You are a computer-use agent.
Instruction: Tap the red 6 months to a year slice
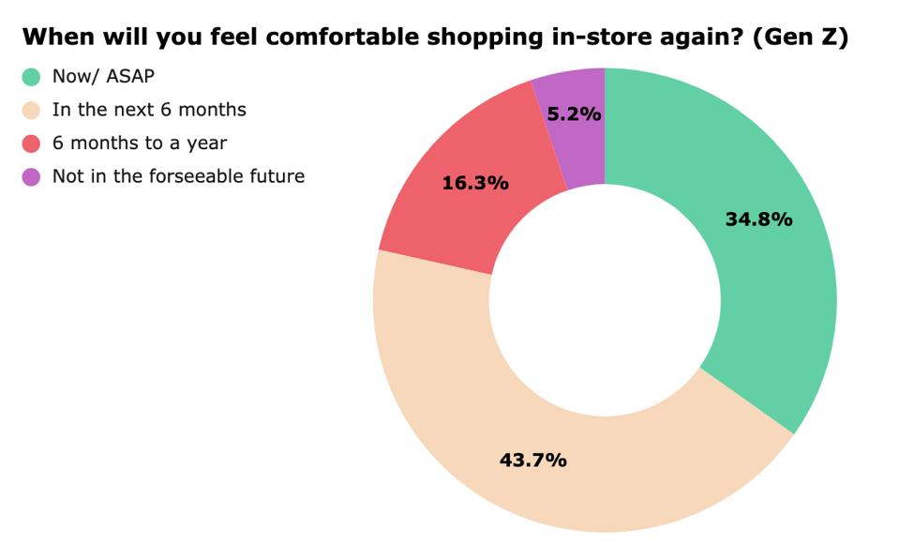pyautogui.click(x=441, y=216)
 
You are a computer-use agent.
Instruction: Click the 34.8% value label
pyautogui.click(x=758, y=219)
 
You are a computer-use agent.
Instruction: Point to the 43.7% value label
pyautogui.click(x=532, y=460)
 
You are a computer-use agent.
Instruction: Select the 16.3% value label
pyautogui.click(x=475, y=183)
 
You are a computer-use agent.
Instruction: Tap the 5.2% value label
pyautogui.click(x=574, y=114)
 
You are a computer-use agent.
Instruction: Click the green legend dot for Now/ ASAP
pyautogui.click(x=32, y=77)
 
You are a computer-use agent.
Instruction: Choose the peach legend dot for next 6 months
pyautogui.click(x=32, y=111)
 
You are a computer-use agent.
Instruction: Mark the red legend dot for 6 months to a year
pyautogui.click(x=32, y=144)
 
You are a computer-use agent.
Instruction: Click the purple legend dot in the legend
pyautogui.click(x=32, y=176)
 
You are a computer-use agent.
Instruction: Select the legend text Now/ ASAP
pyautogui.click(x=103, y=77)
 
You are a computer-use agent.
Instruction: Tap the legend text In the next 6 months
pyautogui.click(x=149, y=110)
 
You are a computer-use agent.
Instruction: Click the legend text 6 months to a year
pyautogui.click(x=140, y=144)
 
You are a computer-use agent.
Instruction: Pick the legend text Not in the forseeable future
pyautogui.click(x=178, y=176)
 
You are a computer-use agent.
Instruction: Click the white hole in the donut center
pyautogui.click(x=605, y=300)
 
